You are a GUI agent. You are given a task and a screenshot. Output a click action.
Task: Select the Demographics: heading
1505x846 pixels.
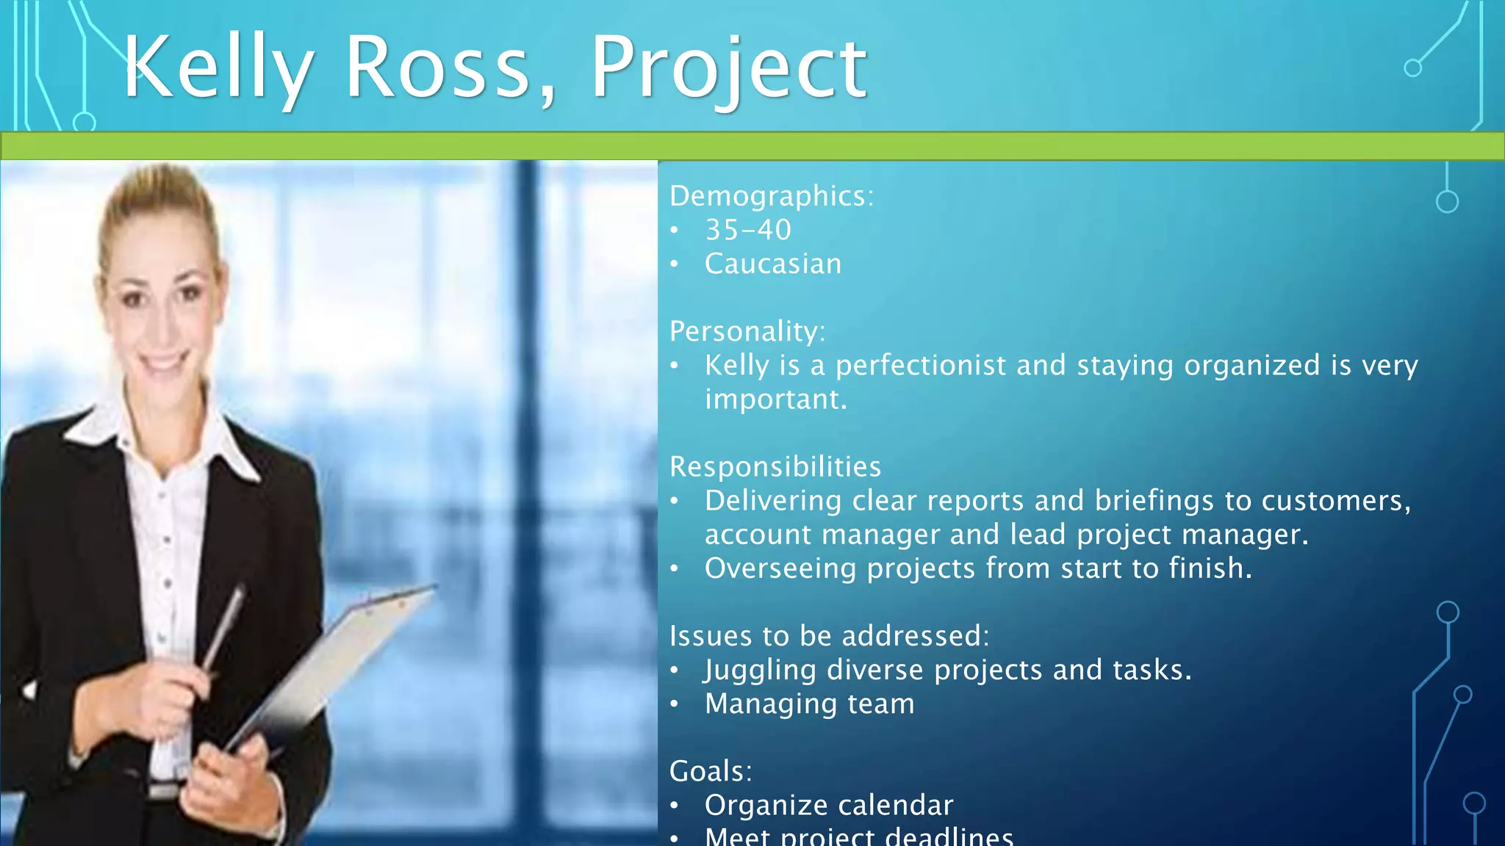pos(772,196)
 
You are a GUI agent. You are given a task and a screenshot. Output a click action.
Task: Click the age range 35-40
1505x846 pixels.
pos(748,231)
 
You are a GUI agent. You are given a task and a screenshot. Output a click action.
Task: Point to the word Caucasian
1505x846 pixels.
pos(773,264)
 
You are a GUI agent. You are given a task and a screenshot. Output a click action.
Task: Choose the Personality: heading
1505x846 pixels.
pos(747,331)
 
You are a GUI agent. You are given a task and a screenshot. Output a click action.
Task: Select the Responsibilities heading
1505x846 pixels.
pos(775,467)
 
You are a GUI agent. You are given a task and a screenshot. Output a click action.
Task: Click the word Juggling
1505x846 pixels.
pos(760,670)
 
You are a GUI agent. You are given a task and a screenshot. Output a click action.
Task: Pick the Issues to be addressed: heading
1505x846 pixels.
pos(829,636)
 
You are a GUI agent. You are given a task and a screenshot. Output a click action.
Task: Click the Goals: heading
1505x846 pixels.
pos(711,771)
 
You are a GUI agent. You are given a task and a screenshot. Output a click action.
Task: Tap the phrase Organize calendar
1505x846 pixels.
pos(829,806)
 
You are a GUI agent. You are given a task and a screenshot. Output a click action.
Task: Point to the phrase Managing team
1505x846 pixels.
pos(810,704)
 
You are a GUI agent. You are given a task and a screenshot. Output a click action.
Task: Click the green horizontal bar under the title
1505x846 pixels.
pos(752,146)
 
